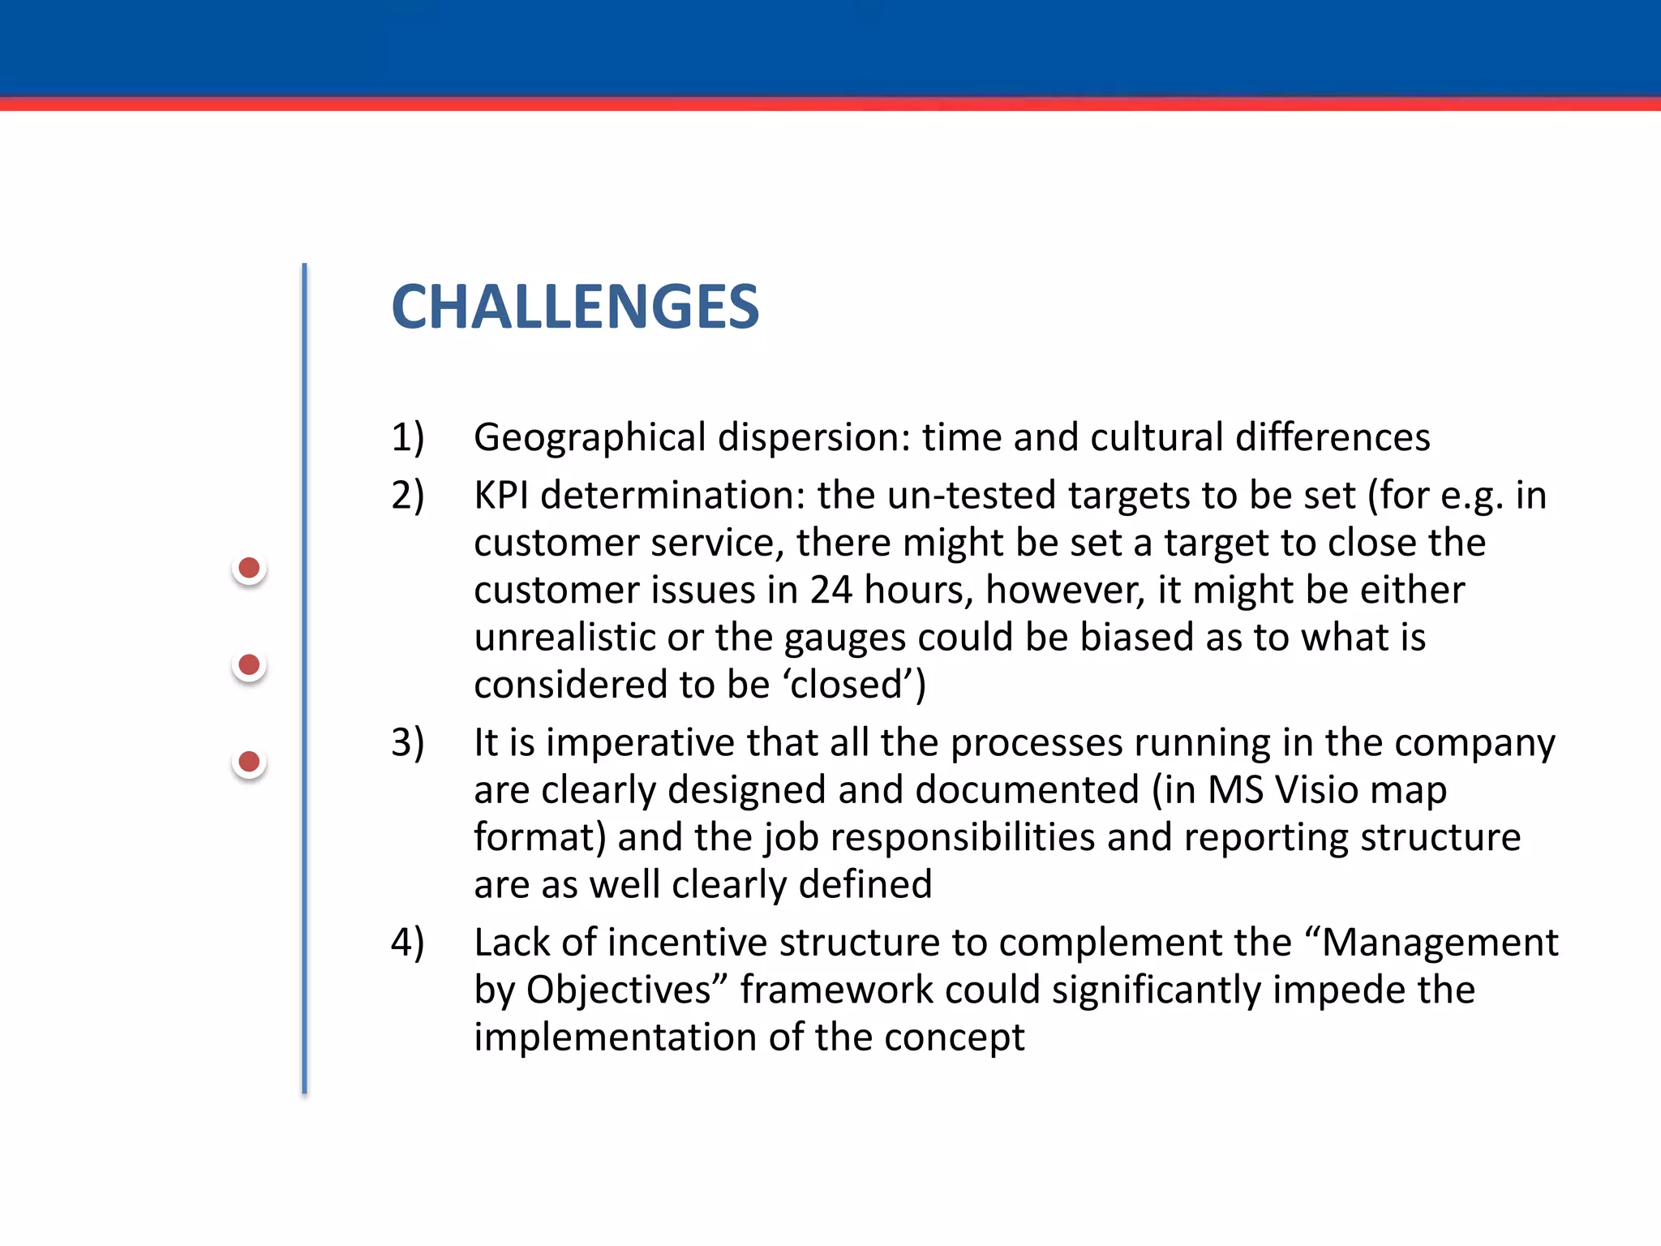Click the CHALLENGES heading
pos(575,307)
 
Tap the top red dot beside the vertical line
pos(249,568)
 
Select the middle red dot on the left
pos(249,665)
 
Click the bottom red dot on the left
pos(249,762)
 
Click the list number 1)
pos(407,438)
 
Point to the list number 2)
pos(407,496)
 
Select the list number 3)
pos(407,743)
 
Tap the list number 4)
pos(407,943)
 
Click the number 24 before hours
pos(830,590)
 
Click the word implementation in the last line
pos(616,1038)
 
